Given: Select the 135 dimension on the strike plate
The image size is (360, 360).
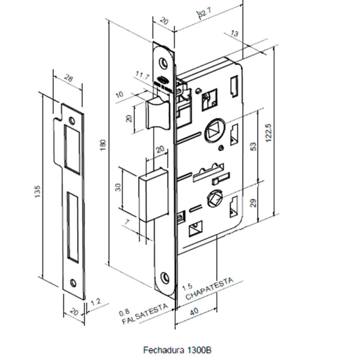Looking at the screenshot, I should pyautogui.click(x=38, y=191).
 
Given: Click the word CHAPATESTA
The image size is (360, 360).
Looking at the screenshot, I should pyautogui.click(x=210, y=289).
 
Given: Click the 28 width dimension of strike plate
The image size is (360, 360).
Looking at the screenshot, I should pyautogui.click(x=69, y=79).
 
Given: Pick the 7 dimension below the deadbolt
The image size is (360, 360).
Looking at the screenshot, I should pyautogui.click(x=129, y=222).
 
